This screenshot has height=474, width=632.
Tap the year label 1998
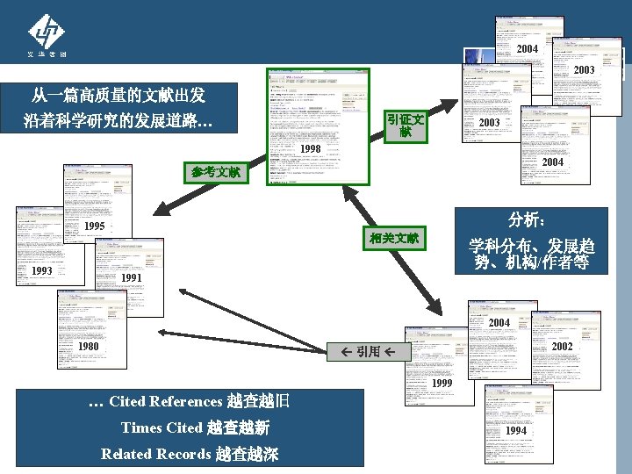310,149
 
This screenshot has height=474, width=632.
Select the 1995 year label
95,226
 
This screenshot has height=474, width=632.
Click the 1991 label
132,278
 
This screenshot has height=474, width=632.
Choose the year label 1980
88,347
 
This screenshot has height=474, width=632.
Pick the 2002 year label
562,347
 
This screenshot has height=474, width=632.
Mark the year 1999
442,384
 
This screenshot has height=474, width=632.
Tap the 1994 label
516,431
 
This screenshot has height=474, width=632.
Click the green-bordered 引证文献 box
405,126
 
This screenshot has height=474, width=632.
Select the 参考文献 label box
216,172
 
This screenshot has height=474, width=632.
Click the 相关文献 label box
394,238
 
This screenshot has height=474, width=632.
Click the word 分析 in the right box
527,219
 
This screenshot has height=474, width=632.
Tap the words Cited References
166,402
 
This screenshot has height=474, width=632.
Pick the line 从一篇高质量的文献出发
118,94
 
